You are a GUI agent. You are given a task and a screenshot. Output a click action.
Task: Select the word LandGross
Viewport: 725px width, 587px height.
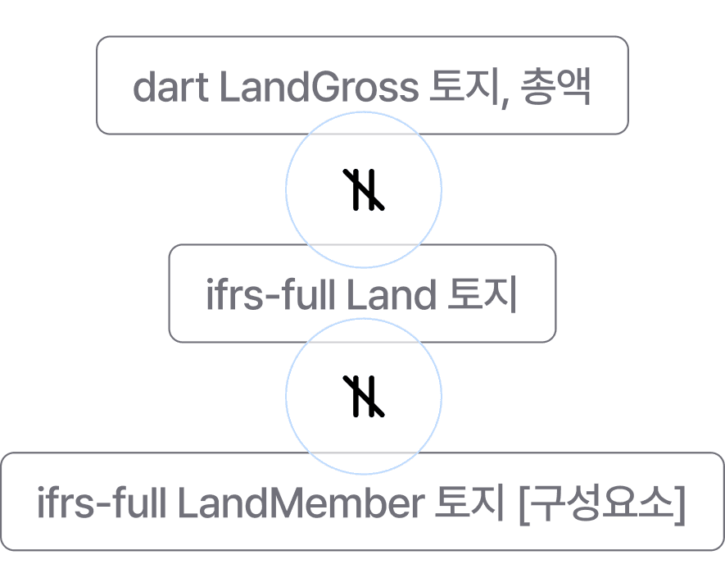[x=318, y=87]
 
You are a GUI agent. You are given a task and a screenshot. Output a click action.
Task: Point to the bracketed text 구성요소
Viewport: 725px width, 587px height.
[x=602, y=503]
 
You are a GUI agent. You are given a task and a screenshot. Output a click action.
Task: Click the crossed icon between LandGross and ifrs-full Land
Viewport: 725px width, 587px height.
[x=363, y=189]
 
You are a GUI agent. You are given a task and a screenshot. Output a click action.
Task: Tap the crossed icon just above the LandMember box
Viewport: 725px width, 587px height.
[x=363, y=396]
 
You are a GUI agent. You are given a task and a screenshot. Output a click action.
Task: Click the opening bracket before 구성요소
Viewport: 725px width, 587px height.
[x=526, y=503]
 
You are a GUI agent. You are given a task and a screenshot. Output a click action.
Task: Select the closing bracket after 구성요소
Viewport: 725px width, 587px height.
[x=679, y=503]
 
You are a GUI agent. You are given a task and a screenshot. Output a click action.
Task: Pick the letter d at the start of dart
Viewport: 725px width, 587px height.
[x=144, y=87]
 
